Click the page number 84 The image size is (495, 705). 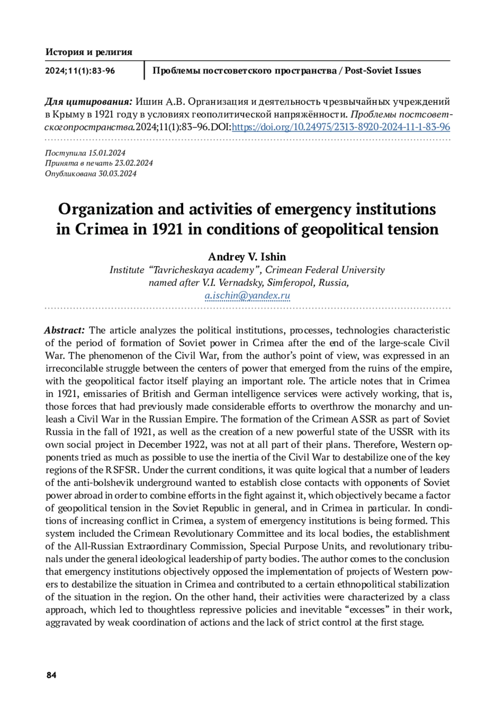point(51,675)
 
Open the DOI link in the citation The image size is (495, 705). point(341,127)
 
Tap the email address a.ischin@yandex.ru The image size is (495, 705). point(247,296)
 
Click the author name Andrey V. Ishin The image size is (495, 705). point(247,257)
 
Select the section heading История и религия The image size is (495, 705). point(89,52)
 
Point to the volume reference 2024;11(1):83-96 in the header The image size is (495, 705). point(80,70)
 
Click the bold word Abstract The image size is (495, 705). point(64,330)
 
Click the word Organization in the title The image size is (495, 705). point(105,209)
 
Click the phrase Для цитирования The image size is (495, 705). point(88,102)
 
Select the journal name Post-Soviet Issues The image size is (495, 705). point(383,70)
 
